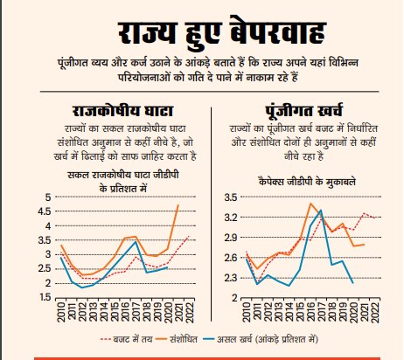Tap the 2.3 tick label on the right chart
point(231,278)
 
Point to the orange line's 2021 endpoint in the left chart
point(179,205)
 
